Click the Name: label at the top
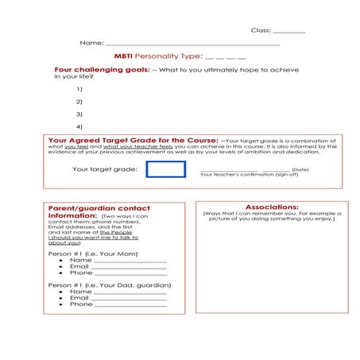(91, 42)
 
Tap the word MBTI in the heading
(122, 56)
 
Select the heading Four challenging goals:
(101, 70)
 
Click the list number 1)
(79, 89)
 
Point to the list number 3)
(79, 114)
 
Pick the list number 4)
(79, 127)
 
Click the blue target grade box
(165, 169)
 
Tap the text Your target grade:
(104, 169)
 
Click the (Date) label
(300, 170)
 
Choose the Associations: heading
(272, 207)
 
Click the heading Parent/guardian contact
(99, 208)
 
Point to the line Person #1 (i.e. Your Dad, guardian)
(110, 285)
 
